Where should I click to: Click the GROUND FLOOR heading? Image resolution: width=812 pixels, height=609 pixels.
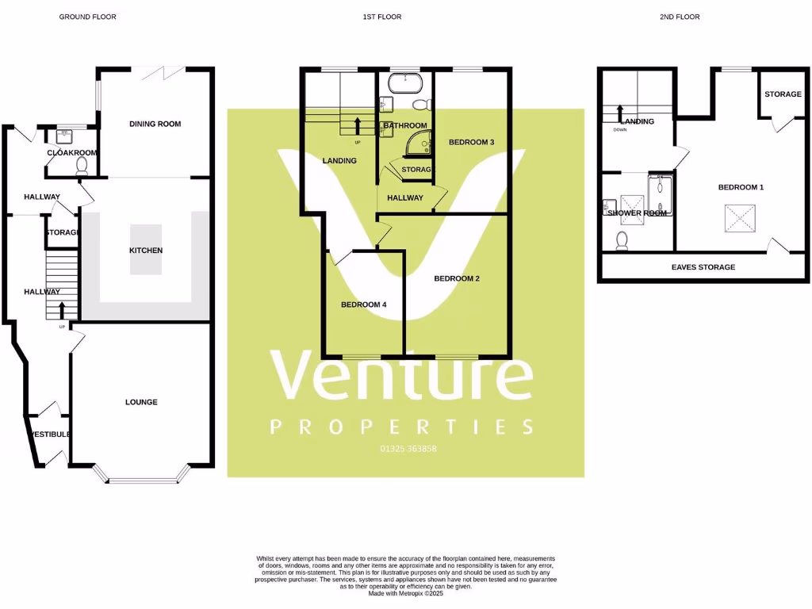87,17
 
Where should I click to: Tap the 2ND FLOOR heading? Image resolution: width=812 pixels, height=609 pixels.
680,17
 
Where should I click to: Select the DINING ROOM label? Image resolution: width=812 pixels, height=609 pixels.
155,124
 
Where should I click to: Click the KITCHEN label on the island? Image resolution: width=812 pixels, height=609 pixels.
146,251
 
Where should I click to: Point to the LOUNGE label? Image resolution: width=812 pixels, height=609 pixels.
141,402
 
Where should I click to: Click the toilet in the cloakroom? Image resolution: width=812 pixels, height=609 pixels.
81,166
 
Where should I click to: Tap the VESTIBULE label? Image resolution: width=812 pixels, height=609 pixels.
51,435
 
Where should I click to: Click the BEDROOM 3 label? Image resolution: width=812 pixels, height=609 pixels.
472,143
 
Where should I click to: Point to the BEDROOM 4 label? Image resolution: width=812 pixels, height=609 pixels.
364,304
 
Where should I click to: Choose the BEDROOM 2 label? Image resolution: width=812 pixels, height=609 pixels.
457,278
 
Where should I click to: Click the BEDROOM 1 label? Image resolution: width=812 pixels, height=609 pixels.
741,187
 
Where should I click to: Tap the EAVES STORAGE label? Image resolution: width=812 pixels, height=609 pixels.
703,267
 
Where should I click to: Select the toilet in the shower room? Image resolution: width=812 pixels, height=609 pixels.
622,240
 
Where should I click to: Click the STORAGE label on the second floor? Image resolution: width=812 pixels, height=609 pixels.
783,94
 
